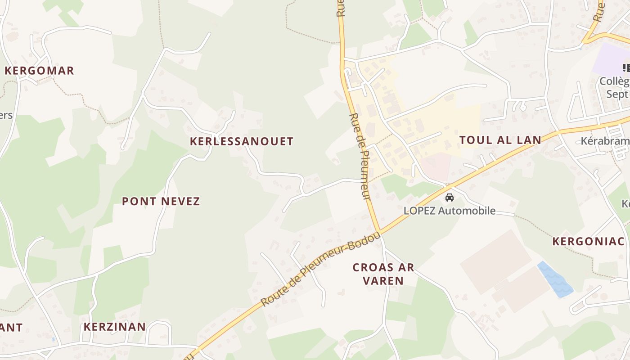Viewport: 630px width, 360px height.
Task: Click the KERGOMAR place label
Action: click(39, 71)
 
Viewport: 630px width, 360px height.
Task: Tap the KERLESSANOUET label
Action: click(242, 141)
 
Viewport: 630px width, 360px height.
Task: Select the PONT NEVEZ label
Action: click(161, 201)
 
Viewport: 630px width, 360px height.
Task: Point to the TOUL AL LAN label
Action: click(500, 140)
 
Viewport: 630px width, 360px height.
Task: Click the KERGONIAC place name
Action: click(589, 242)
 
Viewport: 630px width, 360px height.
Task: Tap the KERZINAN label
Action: click(115, 327)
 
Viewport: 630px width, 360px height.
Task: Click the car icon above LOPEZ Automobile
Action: click(449, 198)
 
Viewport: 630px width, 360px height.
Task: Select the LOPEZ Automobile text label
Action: click(449, 211)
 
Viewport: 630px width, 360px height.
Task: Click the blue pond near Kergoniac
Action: click(554, 279)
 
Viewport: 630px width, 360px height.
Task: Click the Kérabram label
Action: click(605, 141)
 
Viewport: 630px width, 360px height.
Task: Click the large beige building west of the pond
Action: click(495, 261)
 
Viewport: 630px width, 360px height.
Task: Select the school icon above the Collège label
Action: click(626, 68)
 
